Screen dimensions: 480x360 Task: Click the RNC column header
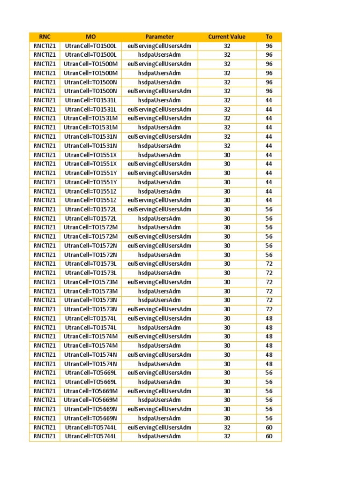pos(45,37)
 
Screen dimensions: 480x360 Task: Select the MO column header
pos(90,37)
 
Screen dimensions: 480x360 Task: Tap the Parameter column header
pos(159,37)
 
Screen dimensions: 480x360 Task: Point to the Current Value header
pos(227,37)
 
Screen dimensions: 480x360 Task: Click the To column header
pos(269,37)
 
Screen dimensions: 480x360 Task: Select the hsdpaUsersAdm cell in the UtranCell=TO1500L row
pos(159,55)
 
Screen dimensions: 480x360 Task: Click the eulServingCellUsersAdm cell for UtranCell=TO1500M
pos(159,64)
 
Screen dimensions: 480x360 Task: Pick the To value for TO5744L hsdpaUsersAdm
pos(269,436)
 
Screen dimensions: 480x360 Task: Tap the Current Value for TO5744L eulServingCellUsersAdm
pos(227,427)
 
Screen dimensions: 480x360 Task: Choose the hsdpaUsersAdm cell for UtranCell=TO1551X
pos(159,155)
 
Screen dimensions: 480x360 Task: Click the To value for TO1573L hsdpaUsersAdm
pos(269,273)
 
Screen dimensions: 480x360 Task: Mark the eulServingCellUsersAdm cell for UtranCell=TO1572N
pos(159,246)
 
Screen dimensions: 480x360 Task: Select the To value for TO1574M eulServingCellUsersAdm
pos(269,337)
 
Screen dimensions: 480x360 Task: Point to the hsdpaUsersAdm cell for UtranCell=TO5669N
pos(159,418)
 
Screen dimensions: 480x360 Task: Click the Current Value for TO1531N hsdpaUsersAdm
pos(227,146)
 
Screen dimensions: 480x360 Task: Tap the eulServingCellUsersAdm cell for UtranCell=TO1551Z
pos(159,200)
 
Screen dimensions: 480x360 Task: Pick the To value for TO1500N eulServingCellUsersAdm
pos(269,91)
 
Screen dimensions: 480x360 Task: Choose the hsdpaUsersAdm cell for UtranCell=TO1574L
pos(159,328)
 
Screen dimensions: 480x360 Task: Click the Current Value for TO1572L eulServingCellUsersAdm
pos(227,210)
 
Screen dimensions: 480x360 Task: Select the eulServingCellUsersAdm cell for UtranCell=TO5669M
pos(159,391)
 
